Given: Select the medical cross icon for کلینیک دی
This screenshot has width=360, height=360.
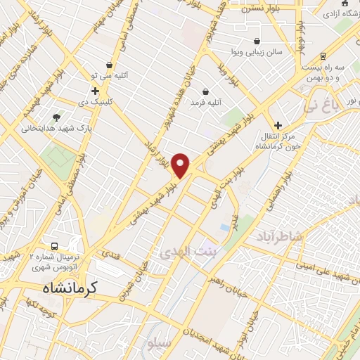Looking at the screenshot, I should [95, 91].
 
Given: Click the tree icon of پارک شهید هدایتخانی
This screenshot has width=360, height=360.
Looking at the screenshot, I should [57, 117].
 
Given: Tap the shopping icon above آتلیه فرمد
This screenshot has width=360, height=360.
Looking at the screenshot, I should [205, 91].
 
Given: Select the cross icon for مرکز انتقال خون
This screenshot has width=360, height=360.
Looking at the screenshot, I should [278, 124].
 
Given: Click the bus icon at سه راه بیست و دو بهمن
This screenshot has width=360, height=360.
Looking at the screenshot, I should [323, 56].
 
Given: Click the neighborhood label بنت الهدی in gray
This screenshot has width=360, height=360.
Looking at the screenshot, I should [187, 250].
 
